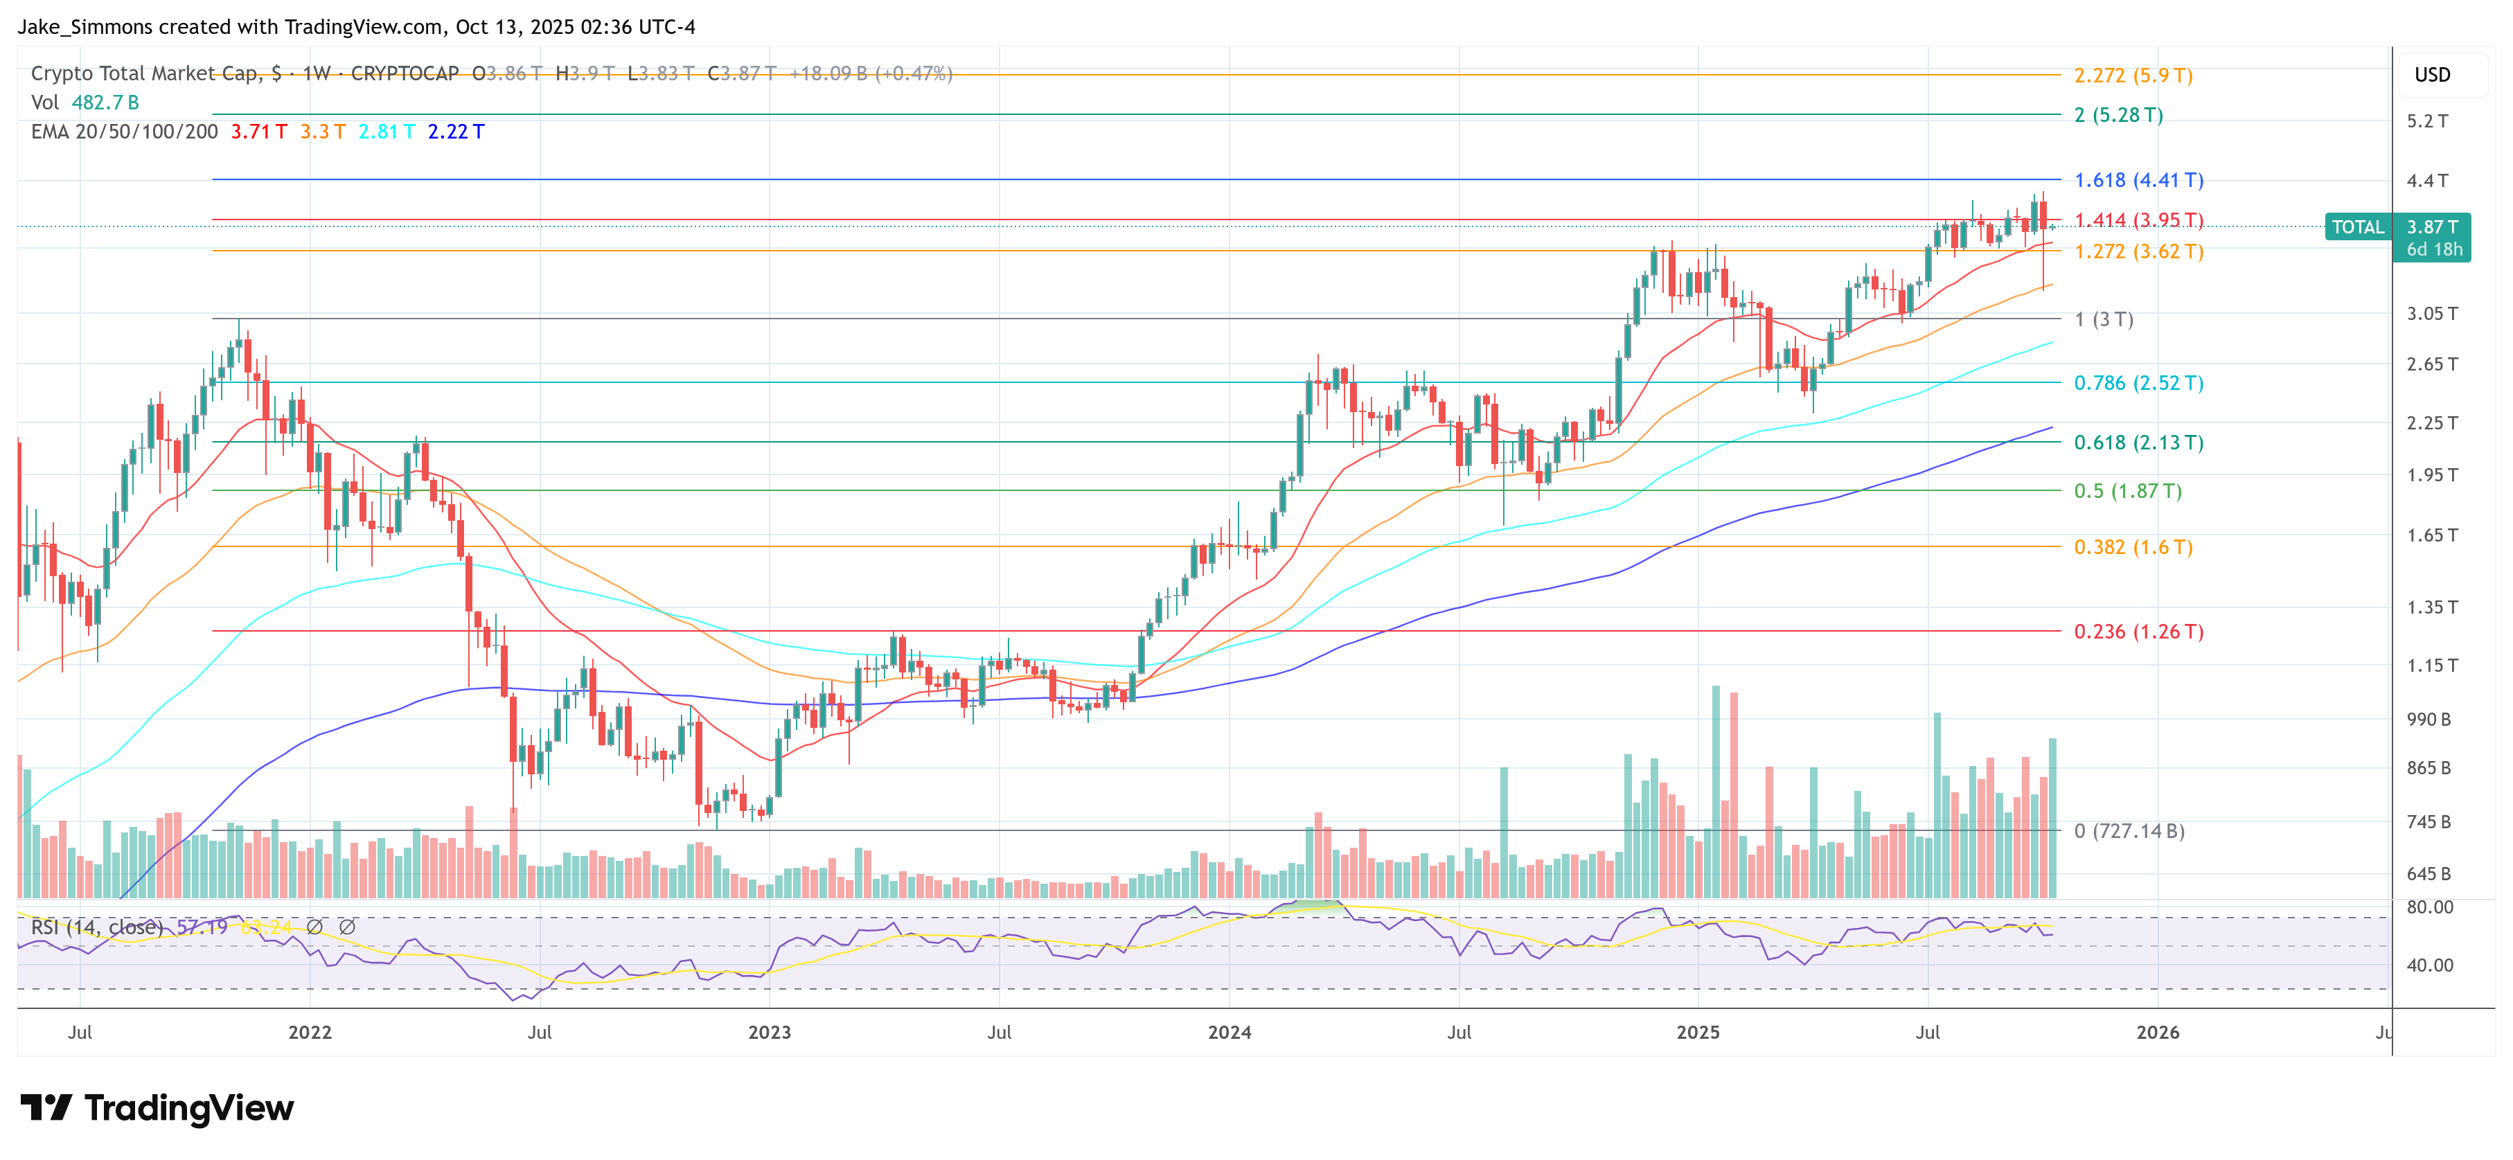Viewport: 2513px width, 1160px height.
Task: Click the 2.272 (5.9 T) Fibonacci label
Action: pyautogui.click(x=2133, y=75)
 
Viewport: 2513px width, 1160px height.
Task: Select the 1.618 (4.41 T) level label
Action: pyautogui.click(x=2138, y=181)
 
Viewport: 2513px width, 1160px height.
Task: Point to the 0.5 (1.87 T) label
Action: pyautogui.click(x=2126, y=491)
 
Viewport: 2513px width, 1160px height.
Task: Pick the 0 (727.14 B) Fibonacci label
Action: pyautogui.click(x=2129, y=831)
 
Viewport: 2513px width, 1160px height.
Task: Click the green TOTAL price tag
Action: pyautogui.click(x=2357, y=227)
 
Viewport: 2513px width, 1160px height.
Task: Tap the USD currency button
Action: pyautogui.click(x=2431, y=75)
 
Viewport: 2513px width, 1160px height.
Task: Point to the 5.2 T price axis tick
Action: pyautogui.click(x=2427, y=122)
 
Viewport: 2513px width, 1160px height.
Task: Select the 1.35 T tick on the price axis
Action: pyautogui.click(x=2431, y=607)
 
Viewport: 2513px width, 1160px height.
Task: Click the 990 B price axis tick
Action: pyautogui.click(x=2428, y=719)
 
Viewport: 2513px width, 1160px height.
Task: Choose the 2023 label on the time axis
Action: pyautogui.click(x=769, y=1032)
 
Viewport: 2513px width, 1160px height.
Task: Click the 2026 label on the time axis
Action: pyautogui.click(x=2157, y=1032)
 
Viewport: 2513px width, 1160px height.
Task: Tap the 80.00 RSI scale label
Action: pyautogui.click(x=2429, y=907)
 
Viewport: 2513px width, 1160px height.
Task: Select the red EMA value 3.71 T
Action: pyautogui.click(x=258, y=132)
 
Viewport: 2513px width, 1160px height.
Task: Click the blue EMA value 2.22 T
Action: pyautogui.click(x=456, y=132)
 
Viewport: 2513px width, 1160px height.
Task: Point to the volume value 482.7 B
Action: pyautogui.click(x=105, y=102)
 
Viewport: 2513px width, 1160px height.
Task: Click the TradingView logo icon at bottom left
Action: pyautogui.click(x=45, y=1107)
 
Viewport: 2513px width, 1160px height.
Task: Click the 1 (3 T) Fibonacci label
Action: pyautogui.click(x=2103, y=320)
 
